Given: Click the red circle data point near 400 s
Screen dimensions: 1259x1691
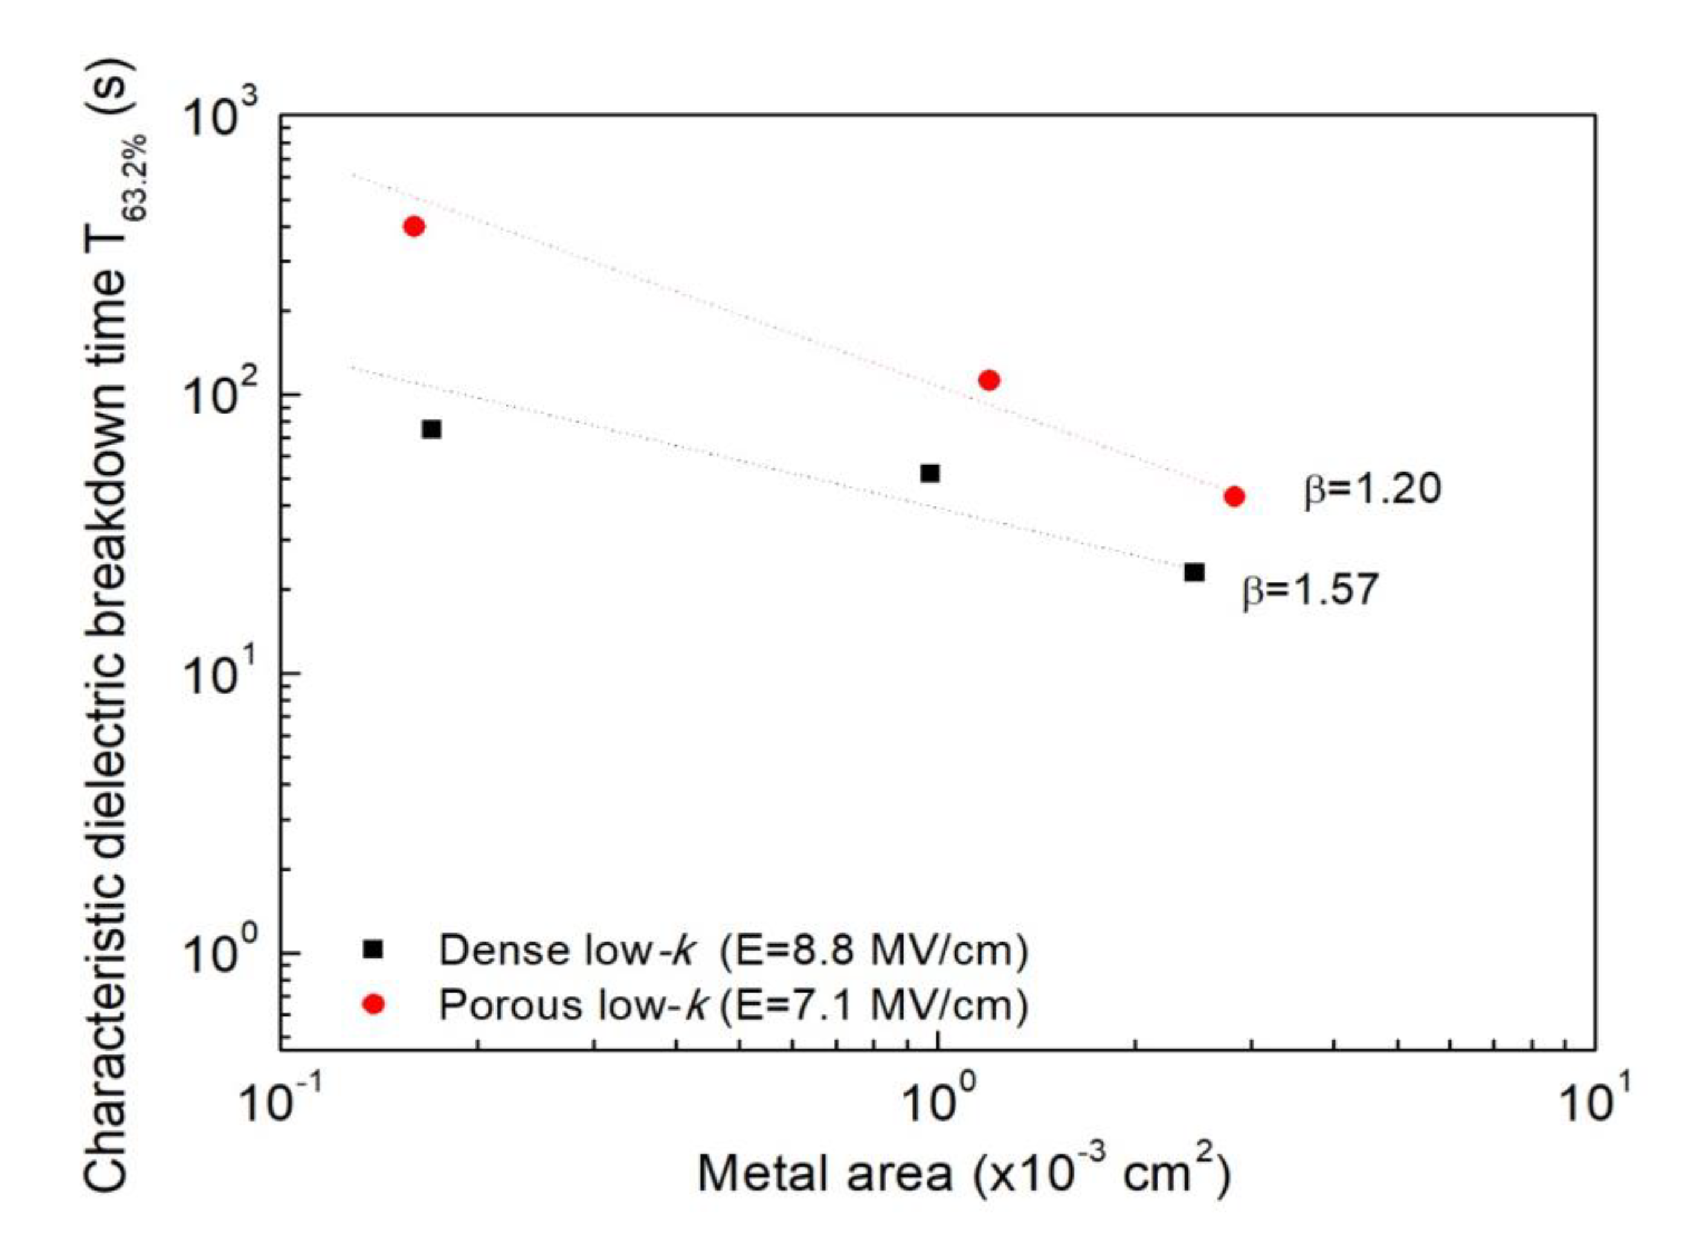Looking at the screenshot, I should (414, 227).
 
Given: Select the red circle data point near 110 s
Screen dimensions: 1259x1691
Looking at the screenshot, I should (988, 380).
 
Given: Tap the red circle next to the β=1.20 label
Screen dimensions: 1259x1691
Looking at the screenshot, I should (1234, 497).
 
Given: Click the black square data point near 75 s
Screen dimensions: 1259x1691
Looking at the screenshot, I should (431, 429).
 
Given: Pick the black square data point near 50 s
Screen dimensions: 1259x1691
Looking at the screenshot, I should (930, 473).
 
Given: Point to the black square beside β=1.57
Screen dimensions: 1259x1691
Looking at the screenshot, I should (1194, 572).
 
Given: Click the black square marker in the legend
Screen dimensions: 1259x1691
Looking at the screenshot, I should (373, 950).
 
